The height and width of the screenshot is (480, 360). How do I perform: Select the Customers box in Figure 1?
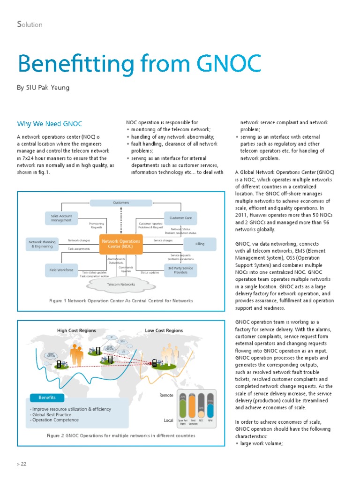coord(121,202)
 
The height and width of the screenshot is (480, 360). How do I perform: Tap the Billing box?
coord(200,244)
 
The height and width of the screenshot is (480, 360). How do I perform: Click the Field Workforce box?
coord(61,270)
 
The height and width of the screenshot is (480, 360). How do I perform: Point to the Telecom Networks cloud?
coord(121,285)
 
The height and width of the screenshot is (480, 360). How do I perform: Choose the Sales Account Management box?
coord(61,218)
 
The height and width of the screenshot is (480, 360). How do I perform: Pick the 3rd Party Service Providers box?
coord(180,270)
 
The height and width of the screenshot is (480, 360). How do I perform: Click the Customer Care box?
coord(180,218)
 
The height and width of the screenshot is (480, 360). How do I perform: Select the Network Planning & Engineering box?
coord(42,244)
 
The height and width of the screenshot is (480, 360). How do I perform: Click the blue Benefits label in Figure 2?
coord(47,397)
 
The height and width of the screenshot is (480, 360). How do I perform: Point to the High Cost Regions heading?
coord(76,330)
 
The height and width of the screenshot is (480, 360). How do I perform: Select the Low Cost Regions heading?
coord(164,330)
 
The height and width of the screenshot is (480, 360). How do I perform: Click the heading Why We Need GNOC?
coord(50,124)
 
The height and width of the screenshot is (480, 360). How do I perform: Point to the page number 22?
coord(23,464)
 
